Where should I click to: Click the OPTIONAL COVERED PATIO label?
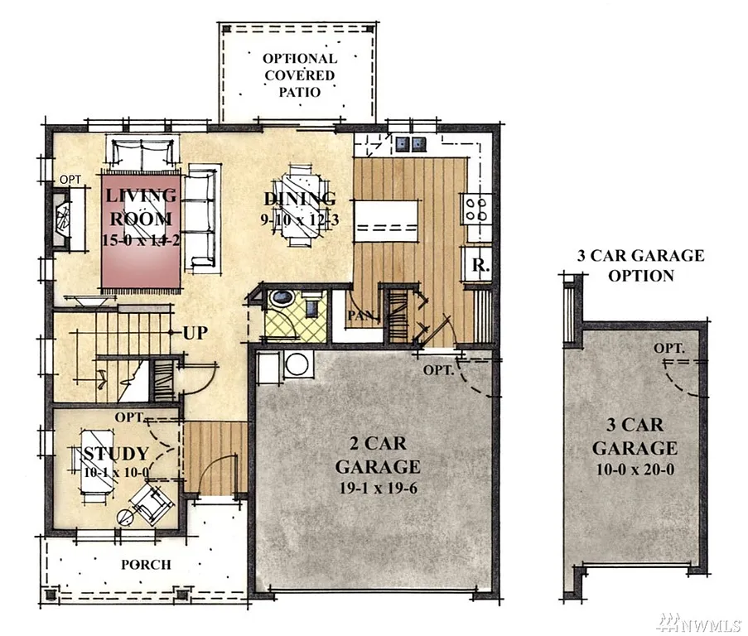(299, 75)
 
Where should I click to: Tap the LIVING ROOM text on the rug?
(140, 207)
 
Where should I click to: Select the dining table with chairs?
(299, 207)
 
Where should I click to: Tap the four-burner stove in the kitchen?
(479, 208)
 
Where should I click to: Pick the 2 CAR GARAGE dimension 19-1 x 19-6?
(377, 488)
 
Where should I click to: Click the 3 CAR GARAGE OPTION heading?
(640, 265)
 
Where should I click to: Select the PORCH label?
(146, 565)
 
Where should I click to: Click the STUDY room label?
(115, 453)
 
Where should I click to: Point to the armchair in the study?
(150, 502)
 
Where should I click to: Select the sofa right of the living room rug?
(202, 217)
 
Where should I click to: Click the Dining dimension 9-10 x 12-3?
(299, 221)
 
